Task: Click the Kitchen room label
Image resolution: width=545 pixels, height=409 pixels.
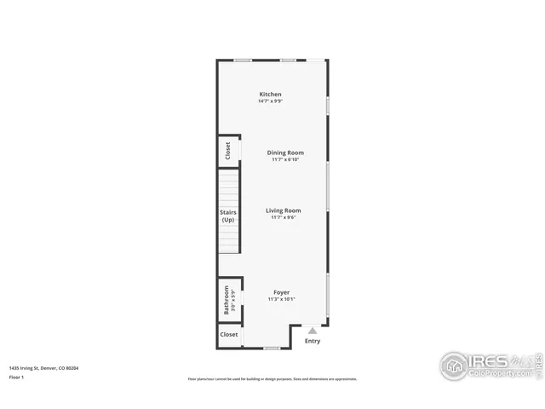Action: click(270, 95)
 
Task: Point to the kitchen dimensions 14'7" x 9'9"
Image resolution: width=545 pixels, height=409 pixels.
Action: click(270, 101)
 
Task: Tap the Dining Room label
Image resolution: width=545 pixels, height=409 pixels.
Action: click(285, 153)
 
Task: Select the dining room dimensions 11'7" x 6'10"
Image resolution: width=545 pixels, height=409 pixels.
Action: click(285, 159)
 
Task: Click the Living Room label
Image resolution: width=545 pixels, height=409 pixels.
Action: click(283, 210)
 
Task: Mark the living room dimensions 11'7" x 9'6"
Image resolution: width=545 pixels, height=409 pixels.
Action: click(283, 217)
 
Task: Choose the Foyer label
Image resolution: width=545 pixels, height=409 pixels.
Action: click(280, 292)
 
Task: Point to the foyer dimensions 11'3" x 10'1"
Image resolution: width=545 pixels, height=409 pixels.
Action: click(280, 299)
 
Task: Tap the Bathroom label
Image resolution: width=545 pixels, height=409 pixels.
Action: click(227, 300)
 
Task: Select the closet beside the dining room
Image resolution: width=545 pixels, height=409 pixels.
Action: click(227, 151)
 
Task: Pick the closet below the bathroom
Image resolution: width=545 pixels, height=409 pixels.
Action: click(229, 335)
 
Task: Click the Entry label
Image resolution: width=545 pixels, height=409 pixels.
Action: click(313, 341)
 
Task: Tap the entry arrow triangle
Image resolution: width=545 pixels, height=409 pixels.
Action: click(313, 331)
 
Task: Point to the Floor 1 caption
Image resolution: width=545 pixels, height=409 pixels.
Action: click(16, 376)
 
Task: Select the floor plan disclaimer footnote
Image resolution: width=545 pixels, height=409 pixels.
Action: click(272, 379)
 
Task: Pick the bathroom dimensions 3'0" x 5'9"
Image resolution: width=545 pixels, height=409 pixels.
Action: click(232, 300)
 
